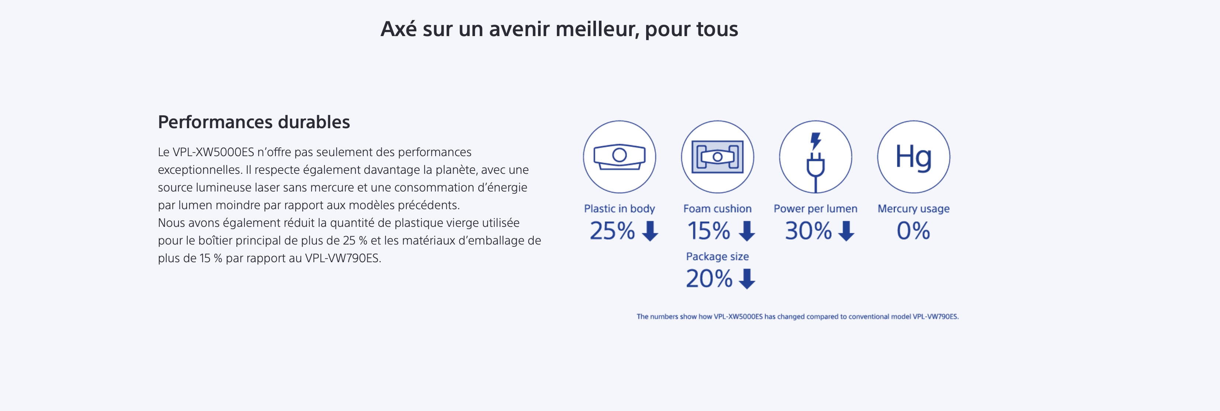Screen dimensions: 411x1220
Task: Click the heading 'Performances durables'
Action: coord(254,122)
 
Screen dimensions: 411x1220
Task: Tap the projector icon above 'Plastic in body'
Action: coord(619,157)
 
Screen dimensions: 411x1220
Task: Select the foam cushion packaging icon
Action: coord(717,157)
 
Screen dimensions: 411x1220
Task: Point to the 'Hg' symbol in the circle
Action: coord(913,157)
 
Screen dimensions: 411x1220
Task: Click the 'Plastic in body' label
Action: coord(619,208)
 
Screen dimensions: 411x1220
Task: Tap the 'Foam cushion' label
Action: coord(717,208)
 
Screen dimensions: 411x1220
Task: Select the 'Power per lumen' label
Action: coord(815,208)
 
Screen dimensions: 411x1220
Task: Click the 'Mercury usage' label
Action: coord(913,208)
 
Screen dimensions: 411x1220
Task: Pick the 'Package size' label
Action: coord(717,256)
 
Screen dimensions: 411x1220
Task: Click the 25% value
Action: coord(612,231)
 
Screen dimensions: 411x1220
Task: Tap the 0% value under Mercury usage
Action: coord(913,231)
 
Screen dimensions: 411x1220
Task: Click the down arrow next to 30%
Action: coord(846,231)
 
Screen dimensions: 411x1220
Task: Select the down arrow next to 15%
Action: coord(747,231)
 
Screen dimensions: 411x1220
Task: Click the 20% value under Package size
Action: coord(709,278)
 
